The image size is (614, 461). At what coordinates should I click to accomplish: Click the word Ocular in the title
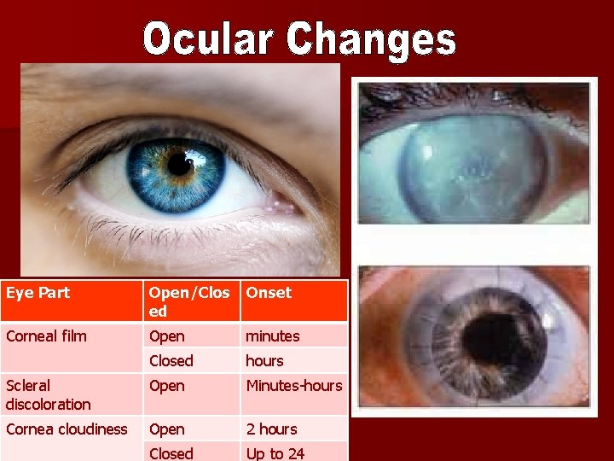coord(209,40)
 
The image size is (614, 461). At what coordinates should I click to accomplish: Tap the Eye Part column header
coord(38,293)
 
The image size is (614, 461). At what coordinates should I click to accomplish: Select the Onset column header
coord(269,293)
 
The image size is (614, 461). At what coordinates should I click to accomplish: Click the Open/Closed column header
coord(189,301)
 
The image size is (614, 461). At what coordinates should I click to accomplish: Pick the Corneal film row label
coord(46,336)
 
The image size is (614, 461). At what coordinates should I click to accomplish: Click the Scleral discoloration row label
coord(48,394)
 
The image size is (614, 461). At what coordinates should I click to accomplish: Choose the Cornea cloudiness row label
coord(67,429)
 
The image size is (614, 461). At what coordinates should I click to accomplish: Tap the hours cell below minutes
coord(264,361)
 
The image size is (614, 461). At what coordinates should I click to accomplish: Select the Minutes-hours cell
coord(294,386)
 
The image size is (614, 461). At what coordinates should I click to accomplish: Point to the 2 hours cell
coord(271,429)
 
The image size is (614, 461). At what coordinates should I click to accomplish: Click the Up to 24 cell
coord(275,453)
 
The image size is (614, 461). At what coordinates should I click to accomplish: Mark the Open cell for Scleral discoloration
coord(166,386)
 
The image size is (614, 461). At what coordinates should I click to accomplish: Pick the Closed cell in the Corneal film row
coord(171,361)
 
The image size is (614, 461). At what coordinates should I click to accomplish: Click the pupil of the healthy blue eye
coord(180,164)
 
